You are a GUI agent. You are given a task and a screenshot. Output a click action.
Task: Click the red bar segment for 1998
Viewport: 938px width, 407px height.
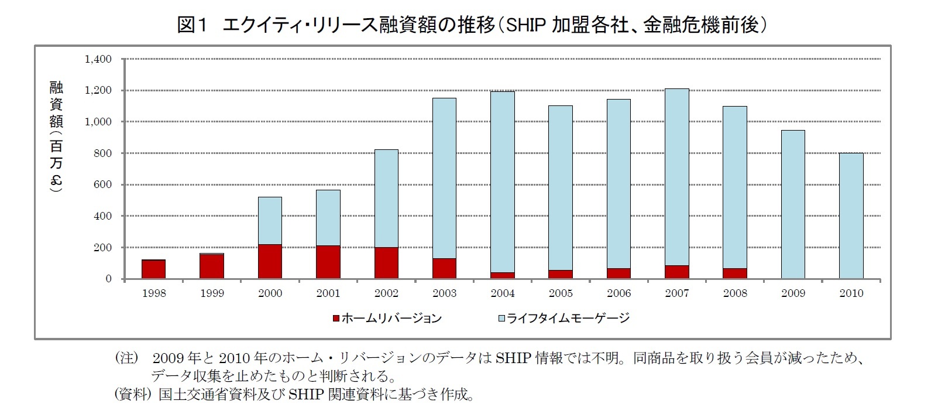[x=153, y=269]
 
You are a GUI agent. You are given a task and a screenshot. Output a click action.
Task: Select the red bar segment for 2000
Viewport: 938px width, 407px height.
[x=270, y=261]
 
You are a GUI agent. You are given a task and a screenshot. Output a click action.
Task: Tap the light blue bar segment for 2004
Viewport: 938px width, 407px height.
[x=502, y=182]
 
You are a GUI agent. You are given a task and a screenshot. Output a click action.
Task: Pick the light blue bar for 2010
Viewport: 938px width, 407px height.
[x=851, y=216]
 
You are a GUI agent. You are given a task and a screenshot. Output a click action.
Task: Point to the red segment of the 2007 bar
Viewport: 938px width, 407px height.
[x=676, y=272]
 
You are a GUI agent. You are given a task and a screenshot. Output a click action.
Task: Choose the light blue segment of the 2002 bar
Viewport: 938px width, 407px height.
[x=386, y=198]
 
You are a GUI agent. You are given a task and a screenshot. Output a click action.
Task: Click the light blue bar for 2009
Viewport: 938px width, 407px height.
[x=793, y=204]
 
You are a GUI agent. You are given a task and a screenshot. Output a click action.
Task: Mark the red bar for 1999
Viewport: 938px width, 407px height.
[x=211, y=266]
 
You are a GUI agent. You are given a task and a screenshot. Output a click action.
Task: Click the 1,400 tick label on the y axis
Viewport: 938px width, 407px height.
[x=98, y=59]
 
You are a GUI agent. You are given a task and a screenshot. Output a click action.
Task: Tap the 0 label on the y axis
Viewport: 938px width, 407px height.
[x=108, y=279]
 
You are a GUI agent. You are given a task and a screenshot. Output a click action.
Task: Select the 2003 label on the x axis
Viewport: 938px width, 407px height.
[x=444, y=293]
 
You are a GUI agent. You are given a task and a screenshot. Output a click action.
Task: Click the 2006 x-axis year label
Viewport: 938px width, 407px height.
[x=619, y=293]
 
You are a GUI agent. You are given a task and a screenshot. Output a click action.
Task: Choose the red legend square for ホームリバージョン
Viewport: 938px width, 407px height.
[x=336, y=319]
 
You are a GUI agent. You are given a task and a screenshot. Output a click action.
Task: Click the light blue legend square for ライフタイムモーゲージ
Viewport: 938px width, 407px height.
[x=501, y=319]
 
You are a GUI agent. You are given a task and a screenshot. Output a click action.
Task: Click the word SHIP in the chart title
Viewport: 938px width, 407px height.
[x=526, y=25]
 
